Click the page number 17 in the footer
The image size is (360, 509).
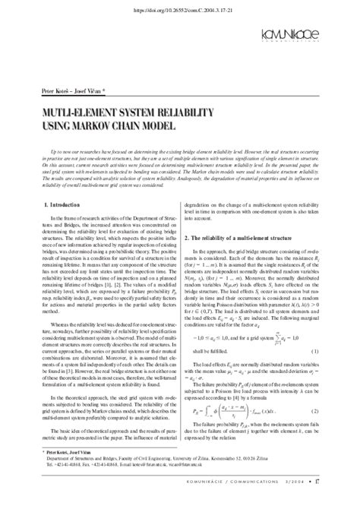click(x=336, y=501)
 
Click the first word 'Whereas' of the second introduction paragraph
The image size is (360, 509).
click(x=44, y=346)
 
